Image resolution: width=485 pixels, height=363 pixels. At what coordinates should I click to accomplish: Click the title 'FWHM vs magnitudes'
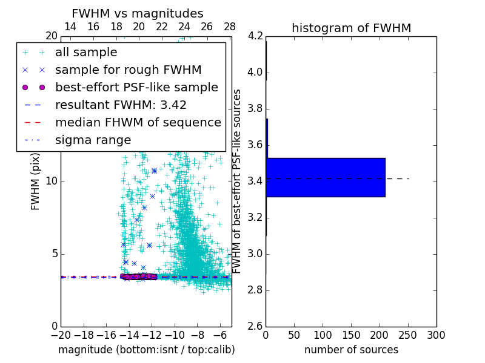click(138, 13)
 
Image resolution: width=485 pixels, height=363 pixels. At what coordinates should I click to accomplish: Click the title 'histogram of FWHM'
click(351, 28)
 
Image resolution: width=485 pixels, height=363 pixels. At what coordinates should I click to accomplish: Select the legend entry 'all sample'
click(86, 52)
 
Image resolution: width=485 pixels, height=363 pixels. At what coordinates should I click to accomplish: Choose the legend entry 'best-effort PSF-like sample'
click(136, 87)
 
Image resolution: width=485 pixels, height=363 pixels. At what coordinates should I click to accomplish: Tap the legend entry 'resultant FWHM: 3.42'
click(121, 105)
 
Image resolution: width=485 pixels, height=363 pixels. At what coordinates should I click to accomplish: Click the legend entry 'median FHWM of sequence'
click(138, 122)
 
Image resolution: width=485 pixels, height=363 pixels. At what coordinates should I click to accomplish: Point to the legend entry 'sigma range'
click(93, 140)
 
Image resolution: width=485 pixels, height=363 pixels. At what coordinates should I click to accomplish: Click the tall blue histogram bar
click(326, 177)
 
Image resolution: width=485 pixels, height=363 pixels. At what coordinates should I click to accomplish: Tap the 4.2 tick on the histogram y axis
click(256, 36)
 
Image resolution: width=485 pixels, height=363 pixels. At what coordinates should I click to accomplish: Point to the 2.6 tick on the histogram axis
click(256, 326)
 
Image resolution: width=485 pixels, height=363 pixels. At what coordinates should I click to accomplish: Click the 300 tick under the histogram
click(436, 335)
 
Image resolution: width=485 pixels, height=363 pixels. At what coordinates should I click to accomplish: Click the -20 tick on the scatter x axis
click(61, 335)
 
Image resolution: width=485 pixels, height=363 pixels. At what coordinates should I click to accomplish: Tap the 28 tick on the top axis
click(230, 27)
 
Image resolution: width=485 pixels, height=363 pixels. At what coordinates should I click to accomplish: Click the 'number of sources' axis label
click(351, 350)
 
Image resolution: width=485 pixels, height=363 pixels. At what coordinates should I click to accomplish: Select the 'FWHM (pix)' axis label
click(36, 181)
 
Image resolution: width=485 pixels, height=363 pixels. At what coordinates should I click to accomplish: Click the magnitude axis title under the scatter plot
click(146, 350)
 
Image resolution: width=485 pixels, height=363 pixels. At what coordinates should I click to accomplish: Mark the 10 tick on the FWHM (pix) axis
click(52, 181)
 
